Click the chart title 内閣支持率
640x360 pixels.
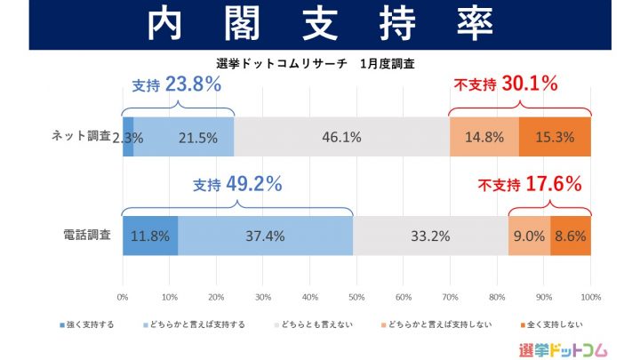320,25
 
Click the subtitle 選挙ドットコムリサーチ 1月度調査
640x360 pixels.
316,64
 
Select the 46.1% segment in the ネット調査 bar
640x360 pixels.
342,137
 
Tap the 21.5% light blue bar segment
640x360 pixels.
184,137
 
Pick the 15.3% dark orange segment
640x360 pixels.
555,137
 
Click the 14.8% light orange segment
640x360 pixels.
484,137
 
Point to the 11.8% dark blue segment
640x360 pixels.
150,236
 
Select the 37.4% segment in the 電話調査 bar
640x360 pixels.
265,236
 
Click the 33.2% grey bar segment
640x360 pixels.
430,236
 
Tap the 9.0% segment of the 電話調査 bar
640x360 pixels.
529,236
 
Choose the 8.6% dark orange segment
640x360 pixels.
571,236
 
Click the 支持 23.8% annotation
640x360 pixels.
177,85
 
